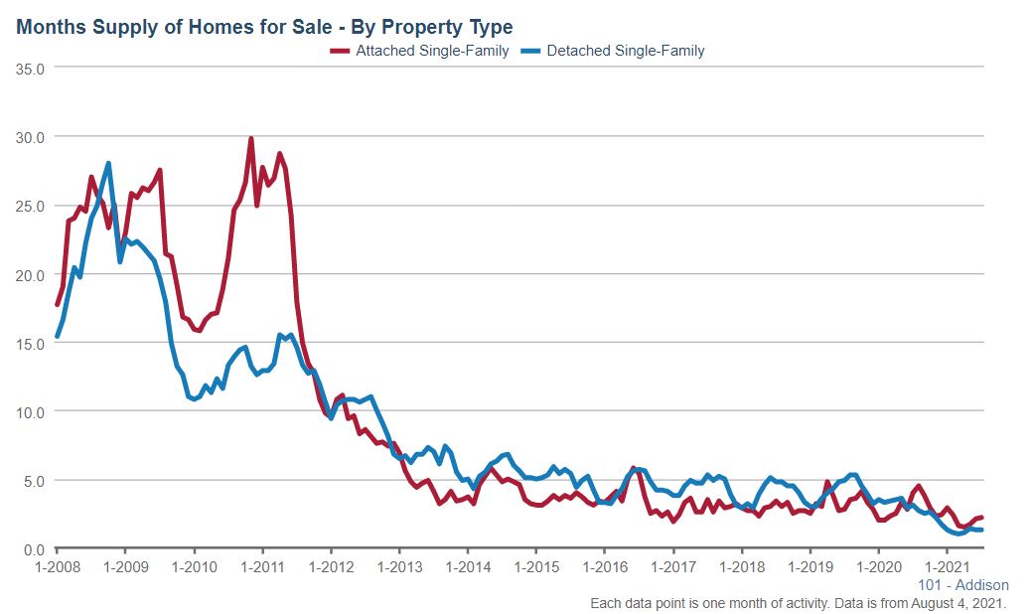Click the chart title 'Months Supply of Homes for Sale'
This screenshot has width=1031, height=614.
[x=264, y=26]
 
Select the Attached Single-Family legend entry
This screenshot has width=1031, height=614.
[x=432, y=51]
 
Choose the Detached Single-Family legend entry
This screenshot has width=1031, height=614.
[x=628, y=51]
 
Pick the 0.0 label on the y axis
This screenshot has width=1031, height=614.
[x=36, y=548]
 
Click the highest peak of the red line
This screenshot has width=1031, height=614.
[x=250, y=139]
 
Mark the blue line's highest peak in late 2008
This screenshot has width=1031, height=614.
[x=108, y=164]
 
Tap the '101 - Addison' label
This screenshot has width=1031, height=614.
[x=963, y=585]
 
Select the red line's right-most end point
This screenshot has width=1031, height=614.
[x=981, y=517]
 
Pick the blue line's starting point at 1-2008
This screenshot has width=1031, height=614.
[x=57, y=336]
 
